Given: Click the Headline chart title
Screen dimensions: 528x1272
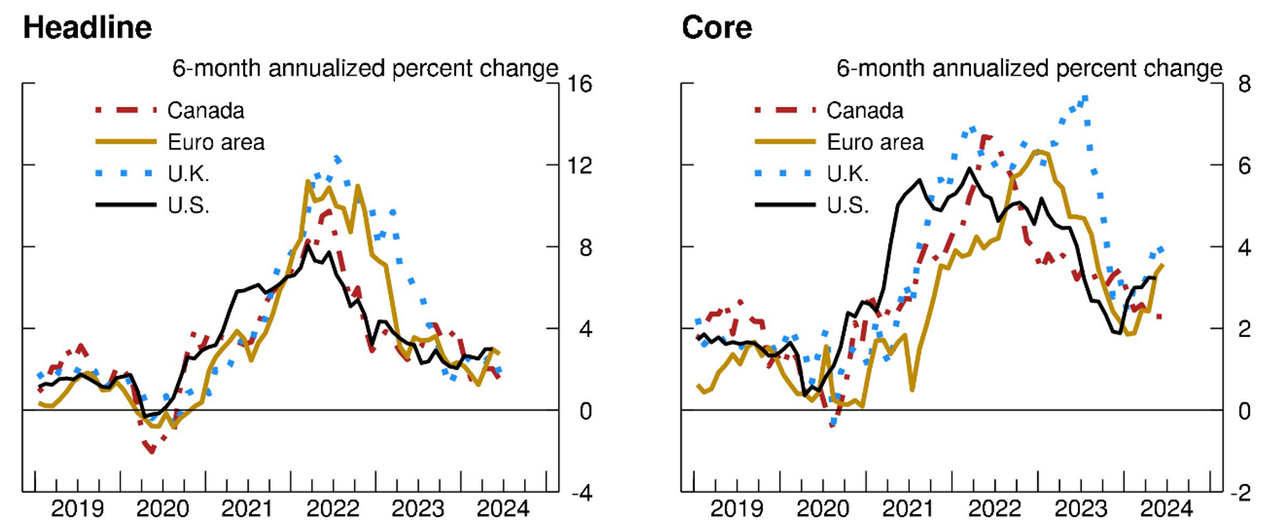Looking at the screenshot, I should point(87,28).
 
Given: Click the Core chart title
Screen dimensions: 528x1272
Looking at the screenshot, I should point(716,28).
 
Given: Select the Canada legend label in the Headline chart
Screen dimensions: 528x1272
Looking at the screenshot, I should point(206,110).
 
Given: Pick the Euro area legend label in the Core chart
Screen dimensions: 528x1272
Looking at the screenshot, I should point(874,142).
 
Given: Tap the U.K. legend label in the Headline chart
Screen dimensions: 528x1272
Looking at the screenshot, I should point(188,174).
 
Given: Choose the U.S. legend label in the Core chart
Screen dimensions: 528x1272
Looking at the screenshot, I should point(848,206).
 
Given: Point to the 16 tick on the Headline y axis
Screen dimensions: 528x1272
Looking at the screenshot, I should point(579,84).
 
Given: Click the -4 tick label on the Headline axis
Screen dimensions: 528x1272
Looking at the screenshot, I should point(581,494).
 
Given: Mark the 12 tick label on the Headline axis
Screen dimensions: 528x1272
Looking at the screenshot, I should point(579,166).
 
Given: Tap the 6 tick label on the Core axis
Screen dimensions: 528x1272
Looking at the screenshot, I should point(1244,166).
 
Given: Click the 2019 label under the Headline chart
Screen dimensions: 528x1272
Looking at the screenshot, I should point(77,509).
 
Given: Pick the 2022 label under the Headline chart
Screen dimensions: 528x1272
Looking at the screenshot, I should point(333,509).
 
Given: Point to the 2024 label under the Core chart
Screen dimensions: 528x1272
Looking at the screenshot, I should point(1166,509).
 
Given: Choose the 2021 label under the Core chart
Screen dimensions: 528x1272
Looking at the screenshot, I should point(908,509).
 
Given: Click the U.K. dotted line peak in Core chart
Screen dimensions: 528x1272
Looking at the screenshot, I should point(1084,97).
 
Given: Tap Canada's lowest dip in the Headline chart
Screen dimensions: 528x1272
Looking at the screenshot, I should point(151,451).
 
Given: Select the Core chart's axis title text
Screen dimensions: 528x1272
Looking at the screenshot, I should point(1029,69).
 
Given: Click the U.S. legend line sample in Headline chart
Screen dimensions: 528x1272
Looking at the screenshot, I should point(126,205).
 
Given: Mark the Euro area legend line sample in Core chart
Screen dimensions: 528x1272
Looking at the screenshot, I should point(785,142).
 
